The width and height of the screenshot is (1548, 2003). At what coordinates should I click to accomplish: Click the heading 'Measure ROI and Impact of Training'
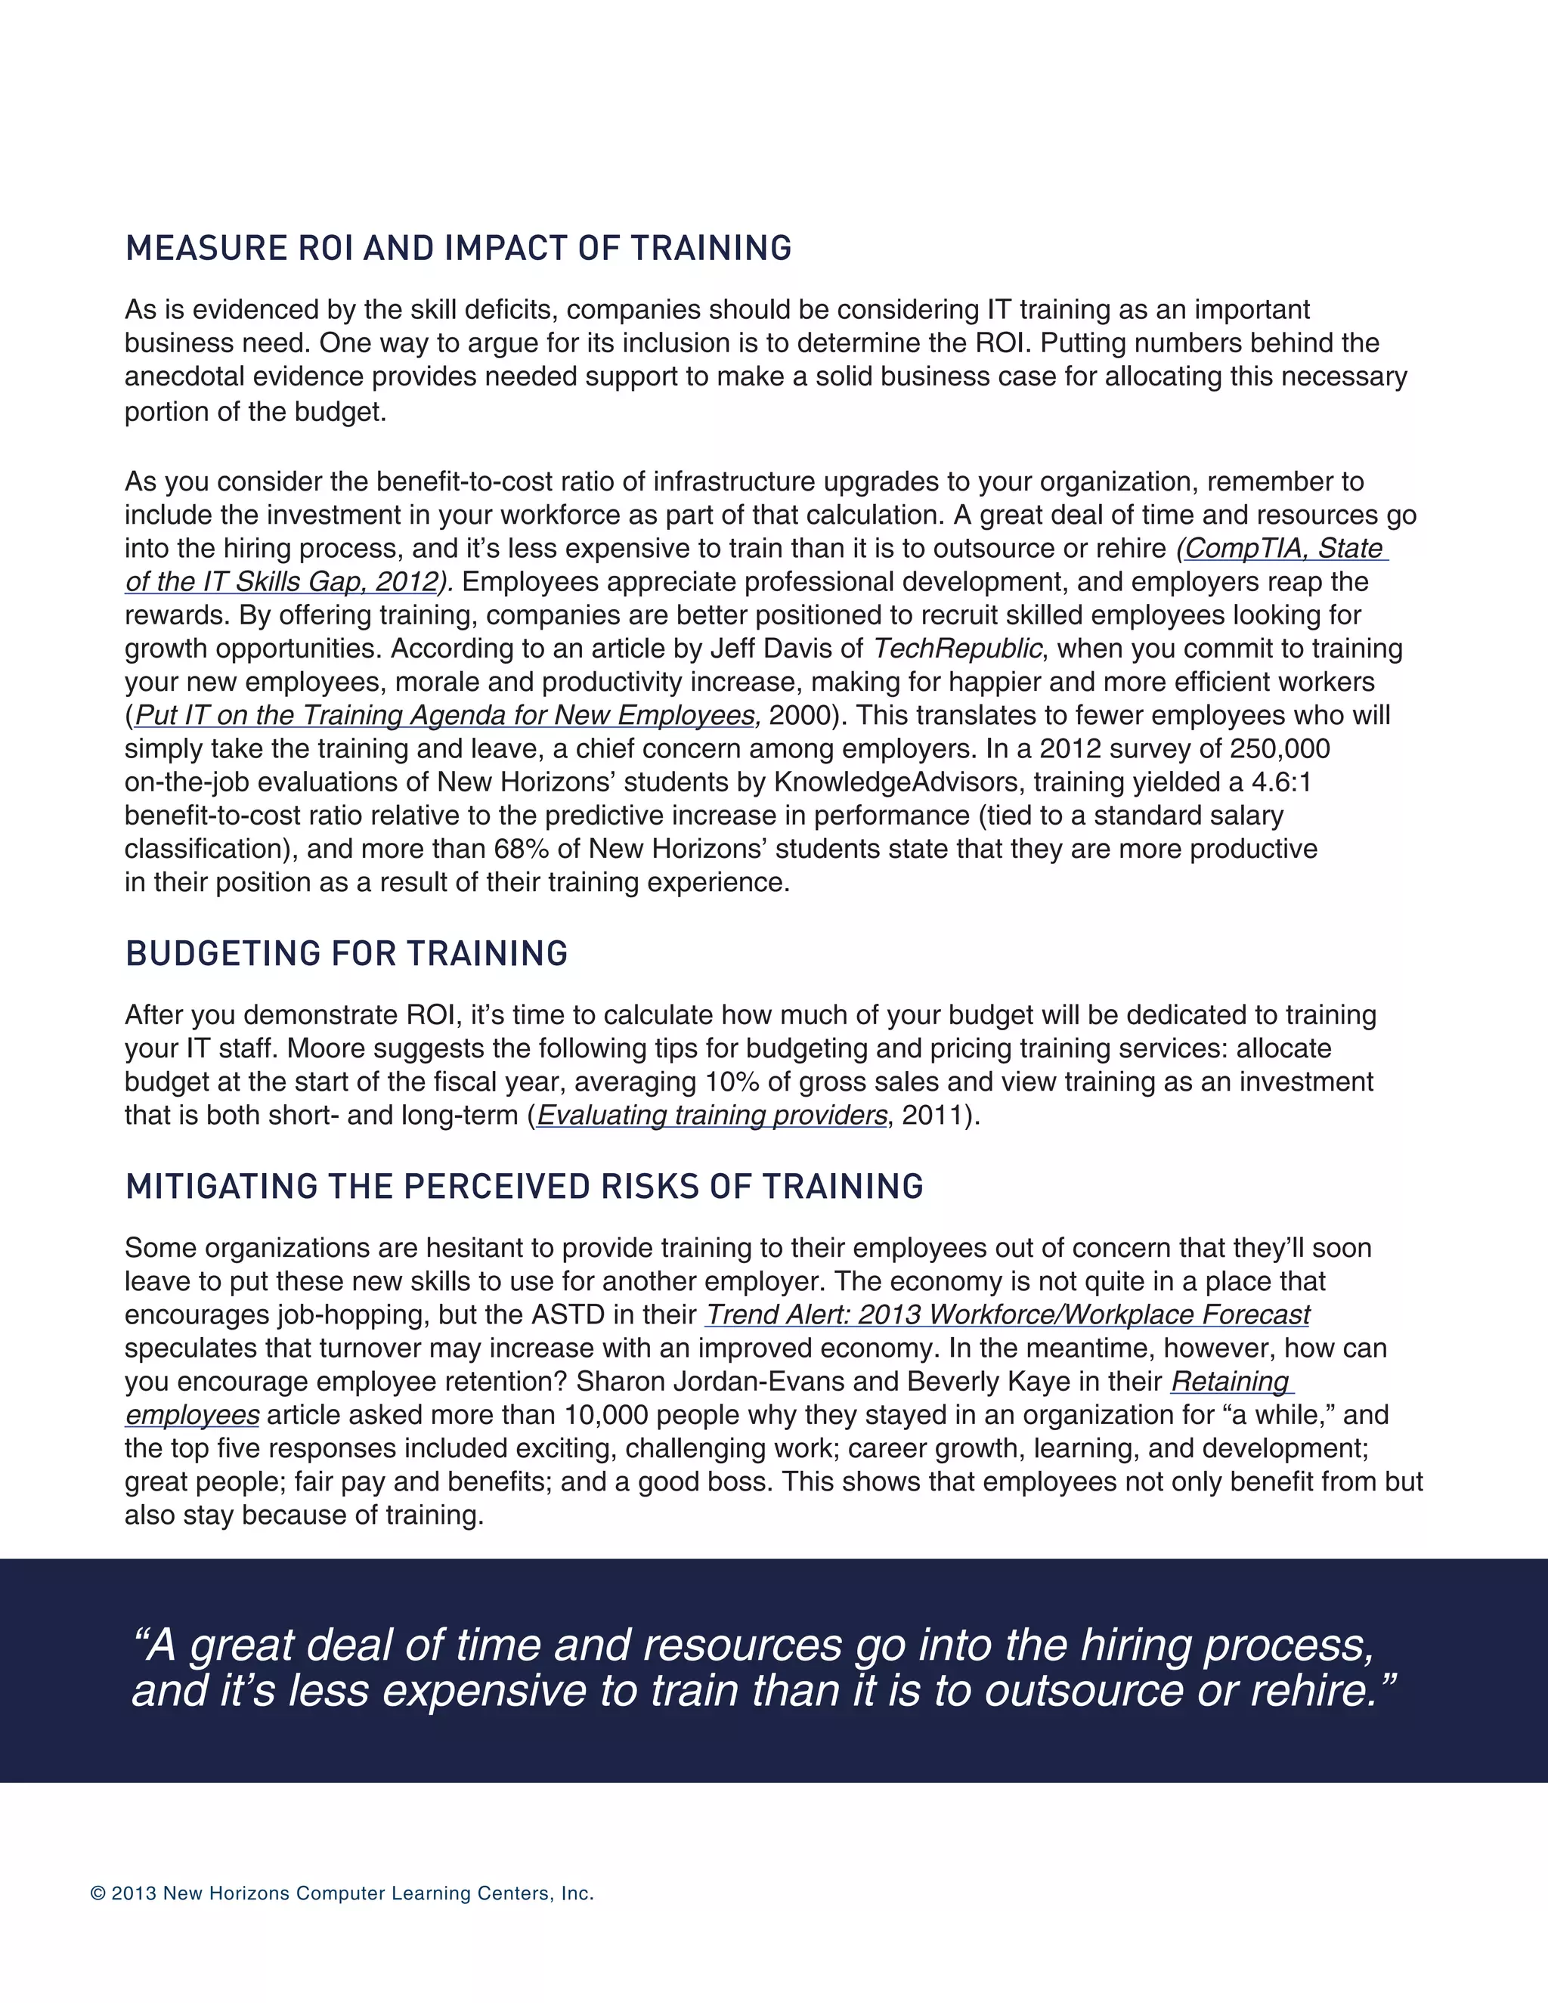[459, 249]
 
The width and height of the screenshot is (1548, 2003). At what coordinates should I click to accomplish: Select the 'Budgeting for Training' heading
[347, 954]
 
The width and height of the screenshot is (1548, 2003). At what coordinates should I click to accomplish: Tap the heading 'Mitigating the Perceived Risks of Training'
[524, 1187]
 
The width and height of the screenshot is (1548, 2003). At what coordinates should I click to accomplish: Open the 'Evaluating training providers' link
[711, 1115]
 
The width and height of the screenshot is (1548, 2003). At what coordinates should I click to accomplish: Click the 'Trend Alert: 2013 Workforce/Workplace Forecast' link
[1008, 1314]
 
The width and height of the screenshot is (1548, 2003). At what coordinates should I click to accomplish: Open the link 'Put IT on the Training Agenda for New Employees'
[447, 715]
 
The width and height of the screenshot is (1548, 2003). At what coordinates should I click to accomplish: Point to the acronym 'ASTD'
[568, 1314]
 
